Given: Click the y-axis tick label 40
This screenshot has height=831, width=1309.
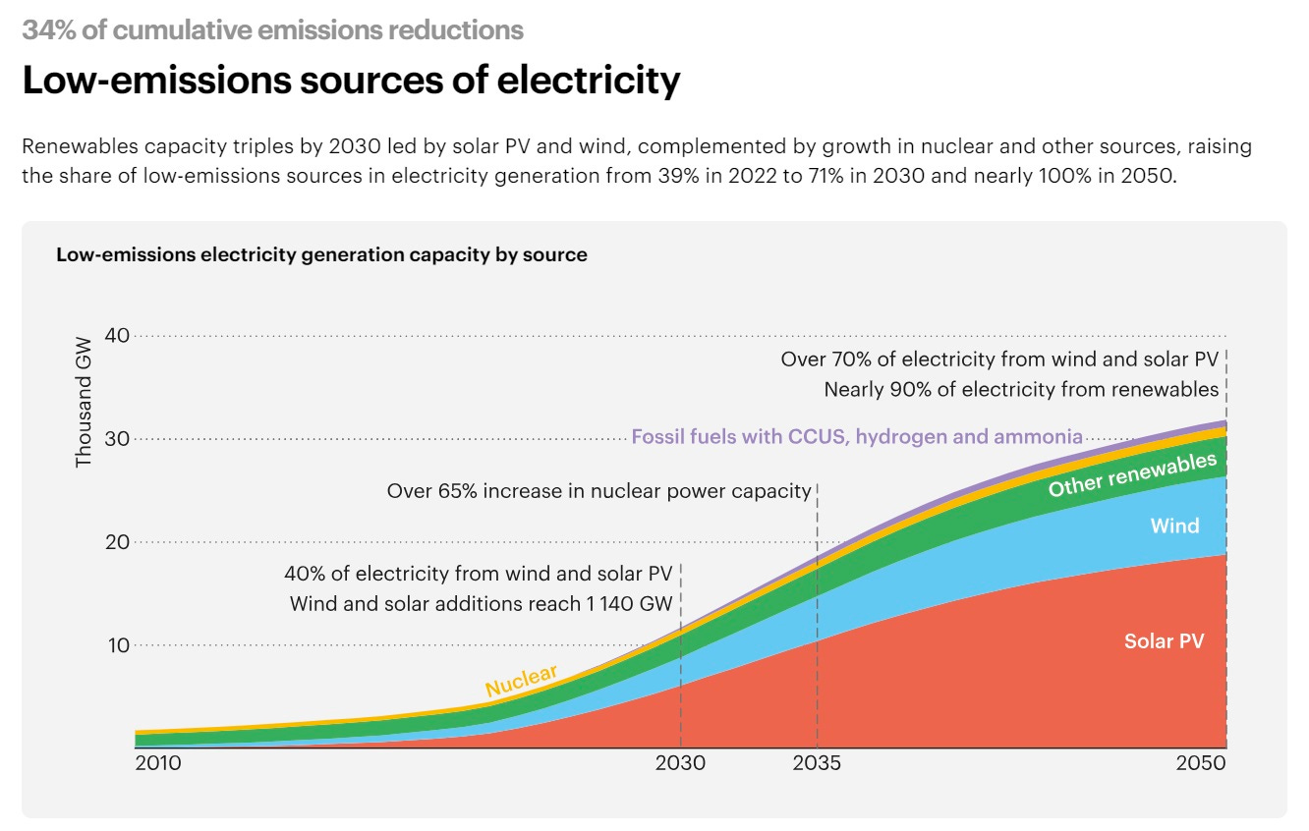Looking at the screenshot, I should (117, 336).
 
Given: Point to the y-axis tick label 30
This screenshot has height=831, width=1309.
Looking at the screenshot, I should (117, 439).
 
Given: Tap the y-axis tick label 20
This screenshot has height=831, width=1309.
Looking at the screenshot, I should (117, 542).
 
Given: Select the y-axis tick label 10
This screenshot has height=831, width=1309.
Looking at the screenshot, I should (117, 645).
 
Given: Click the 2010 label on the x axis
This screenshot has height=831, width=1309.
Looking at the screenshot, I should (157, 763).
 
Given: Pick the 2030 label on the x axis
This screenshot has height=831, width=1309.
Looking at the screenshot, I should (680, 763).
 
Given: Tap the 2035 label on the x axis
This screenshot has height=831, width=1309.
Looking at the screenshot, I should (817, 763).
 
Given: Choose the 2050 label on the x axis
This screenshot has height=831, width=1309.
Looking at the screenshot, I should (1201, 763).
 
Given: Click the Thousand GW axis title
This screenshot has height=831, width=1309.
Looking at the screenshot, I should (84, 402).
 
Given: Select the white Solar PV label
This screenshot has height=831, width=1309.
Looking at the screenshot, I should (1164, 641).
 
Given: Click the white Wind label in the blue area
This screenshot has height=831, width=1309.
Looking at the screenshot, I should (1174, 526).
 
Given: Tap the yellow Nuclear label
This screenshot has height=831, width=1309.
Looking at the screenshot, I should (521, 681).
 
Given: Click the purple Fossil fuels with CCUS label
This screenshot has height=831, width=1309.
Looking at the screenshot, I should (856, 436).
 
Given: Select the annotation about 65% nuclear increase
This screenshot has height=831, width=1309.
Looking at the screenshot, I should (599, 491).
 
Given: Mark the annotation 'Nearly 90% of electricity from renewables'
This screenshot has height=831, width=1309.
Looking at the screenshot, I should (1021, 390).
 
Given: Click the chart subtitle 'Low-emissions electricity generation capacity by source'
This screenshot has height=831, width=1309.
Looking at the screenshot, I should (321, 255).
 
